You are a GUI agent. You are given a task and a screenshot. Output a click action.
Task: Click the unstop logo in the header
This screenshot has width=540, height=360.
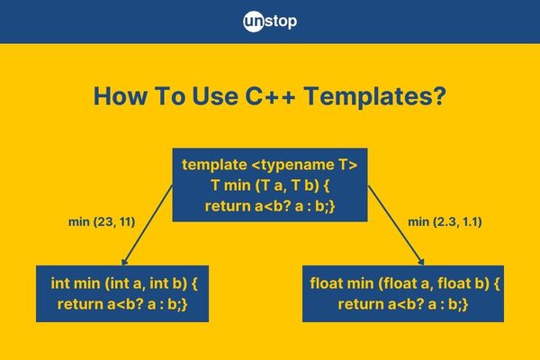pos(270,22)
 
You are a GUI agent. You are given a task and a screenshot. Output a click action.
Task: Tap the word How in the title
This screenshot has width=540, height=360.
pos(120,95)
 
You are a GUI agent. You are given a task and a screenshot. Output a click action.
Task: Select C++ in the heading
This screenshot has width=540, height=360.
pos(270,95)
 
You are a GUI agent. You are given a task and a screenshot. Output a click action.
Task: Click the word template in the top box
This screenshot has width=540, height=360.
pos(214,165)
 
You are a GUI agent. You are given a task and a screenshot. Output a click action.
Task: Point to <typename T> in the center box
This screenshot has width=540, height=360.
pos(305,165)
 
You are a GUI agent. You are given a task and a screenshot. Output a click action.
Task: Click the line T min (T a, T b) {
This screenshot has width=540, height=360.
pos(270,185)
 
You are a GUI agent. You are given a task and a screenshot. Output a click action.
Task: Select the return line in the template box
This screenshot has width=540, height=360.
pos(270,206)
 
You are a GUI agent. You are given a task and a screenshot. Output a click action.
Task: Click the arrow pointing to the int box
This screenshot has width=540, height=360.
pos(148,226)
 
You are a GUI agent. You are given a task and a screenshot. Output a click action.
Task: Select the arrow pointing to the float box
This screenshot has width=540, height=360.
pos(396,226)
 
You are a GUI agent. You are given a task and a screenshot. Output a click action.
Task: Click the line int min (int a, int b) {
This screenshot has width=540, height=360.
pos(124,283)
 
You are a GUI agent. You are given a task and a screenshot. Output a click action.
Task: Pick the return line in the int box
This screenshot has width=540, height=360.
pos(122,304)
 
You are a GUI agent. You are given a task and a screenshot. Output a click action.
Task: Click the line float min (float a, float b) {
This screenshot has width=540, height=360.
pos(405,283)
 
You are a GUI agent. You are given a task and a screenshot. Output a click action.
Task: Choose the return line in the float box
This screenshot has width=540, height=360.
pos(403,304)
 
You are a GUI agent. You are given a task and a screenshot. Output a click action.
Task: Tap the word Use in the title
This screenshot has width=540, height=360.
pos(215,95)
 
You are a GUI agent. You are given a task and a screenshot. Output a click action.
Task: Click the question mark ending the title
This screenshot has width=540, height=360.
pos(440,95)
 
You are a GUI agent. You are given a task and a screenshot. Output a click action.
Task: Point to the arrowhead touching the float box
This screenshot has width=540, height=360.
pos(421,262)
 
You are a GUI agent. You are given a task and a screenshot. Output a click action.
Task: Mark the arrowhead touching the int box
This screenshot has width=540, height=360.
pos(124,262)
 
